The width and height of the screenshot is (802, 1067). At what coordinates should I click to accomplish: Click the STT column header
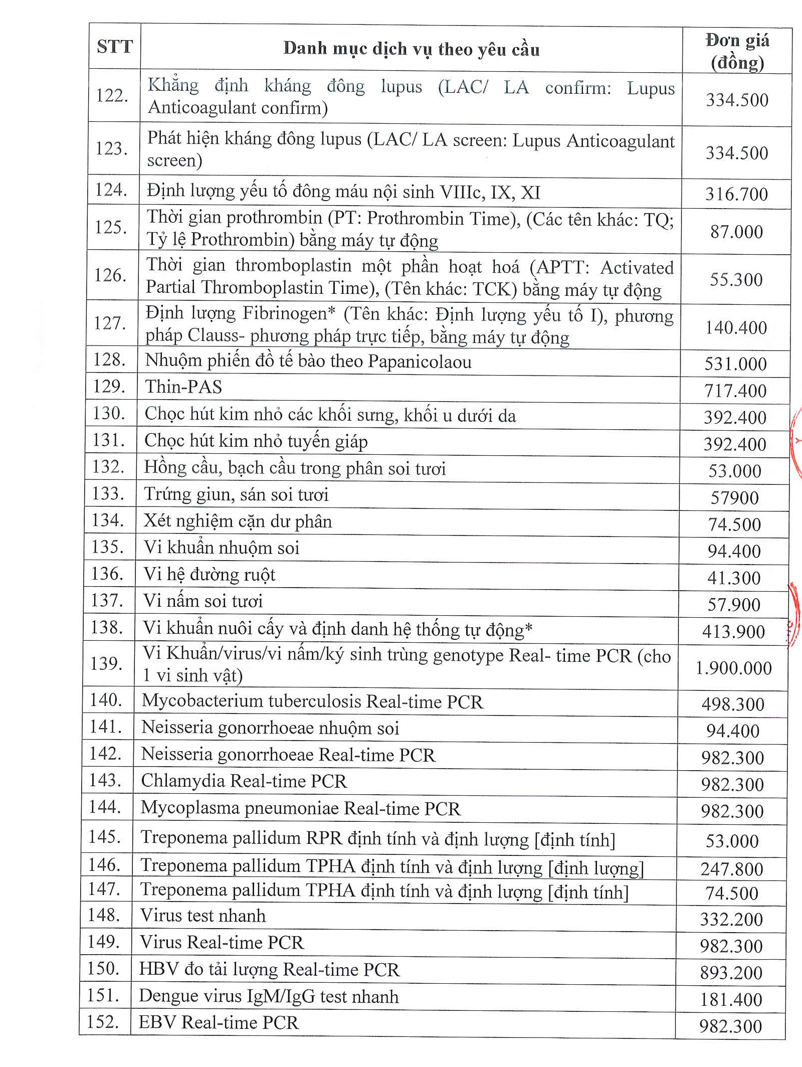[114, 47]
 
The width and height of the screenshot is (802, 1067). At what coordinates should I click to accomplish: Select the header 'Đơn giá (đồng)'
[737, 51]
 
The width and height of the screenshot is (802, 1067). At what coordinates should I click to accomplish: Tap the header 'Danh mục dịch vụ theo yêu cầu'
[411, 49]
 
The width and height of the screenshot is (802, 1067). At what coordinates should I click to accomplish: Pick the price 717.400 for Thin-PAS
[735, 391]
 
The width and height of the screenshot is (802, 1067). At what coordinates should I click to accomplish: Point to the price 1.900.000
[733, 668]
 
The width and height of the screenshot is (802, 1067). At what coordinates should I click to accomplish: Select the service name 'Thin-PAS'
[183, 387]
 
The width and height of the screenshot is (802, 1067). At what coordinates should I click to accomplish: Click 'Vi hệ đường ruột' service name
[210, 574]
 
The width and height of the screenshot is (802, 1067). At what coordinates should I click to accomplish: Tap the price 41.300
[734, 578]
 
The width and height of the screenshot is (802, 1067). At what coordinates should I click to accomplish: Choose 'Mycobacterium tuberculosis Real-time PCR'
[312, 701]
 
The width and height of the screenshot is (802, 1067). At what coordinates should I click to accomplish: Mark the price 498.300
[733, 704]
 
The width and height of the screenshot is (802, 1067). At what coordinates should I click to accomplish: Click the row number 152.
[103, 1021]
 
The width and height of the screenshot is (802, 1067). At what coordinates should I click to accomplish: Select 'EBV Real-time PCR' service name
[219, 1022]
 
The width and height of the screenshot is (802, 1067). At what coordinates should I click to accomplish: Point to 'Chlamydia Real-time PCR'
[244, 781]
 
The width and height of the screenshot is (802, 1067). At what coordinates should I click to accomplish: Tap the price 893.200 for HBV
[731, 973]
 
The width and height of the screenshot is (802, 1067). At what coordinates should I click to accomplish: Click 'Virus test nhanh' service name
[203, 916]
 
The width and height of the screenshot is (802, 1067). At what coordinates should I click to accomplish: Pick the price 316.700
[736, 194]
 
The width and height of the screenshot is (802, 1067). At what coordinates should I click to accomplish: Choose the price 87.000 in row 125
[736, 232]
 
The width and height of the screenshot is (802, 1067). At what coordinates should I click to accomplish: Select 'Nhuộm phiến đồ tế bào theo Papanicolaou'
[308, 362]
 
